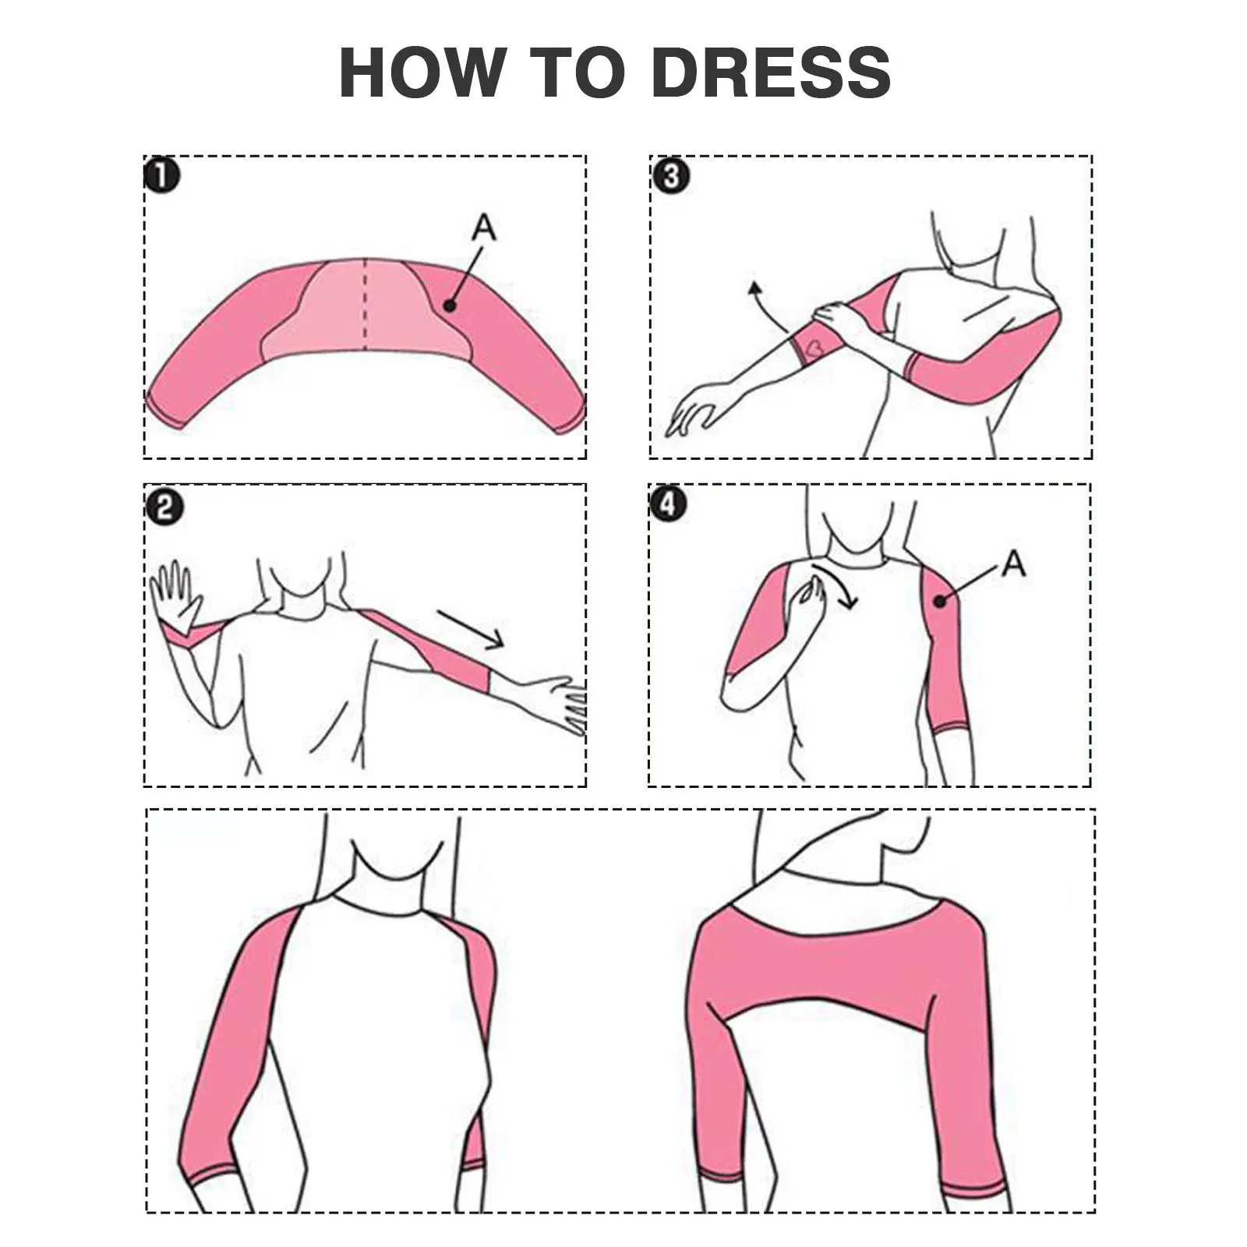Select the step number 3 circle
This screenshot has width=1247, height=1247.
click(670, 177)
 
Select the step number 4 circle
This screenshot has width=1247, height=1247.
click(669, 505)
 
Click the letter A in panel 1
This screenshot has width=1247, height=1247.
click(484, 228)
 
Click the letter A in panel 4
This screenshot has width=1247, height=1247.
click(1013, 563)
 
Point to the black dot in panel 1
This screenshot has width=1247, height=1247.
click(450, 306)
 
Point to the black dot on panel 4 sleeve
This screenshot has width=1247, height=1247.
click(941, 601)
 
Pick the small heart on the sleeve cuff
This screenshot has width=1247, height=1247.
click(814, 344)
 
